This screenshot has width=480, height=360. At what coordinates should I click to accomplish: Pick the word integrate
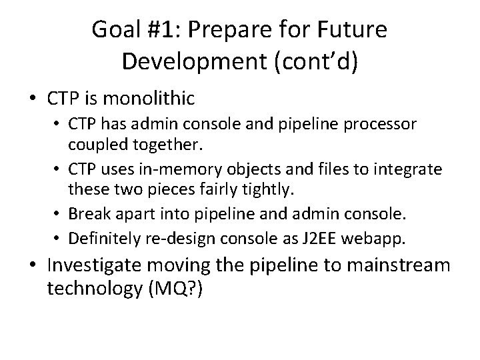pyautogui.click(x=407, y=170)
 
